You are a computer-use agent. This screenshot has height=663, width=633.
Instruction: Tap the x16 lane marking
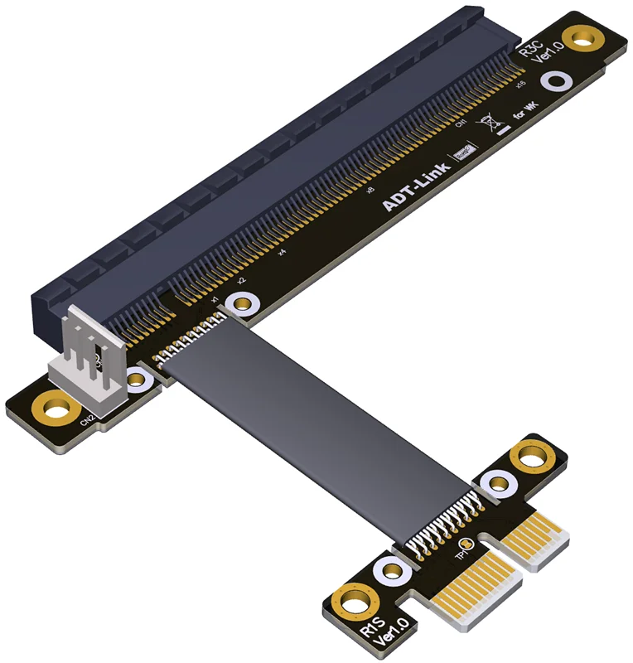[519, 83]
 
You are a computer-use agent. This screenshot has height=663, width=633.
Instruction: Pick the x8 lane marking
[370, 190]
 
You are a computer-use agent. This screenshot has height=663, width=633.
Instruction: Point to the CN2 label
[86, 420]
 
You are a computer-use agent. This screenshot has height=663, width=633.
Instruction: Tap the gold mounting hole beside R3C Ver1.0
[586, 37]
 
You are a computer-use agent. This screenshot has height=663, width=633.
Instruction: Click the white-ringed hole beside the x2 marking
[242, 302]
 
